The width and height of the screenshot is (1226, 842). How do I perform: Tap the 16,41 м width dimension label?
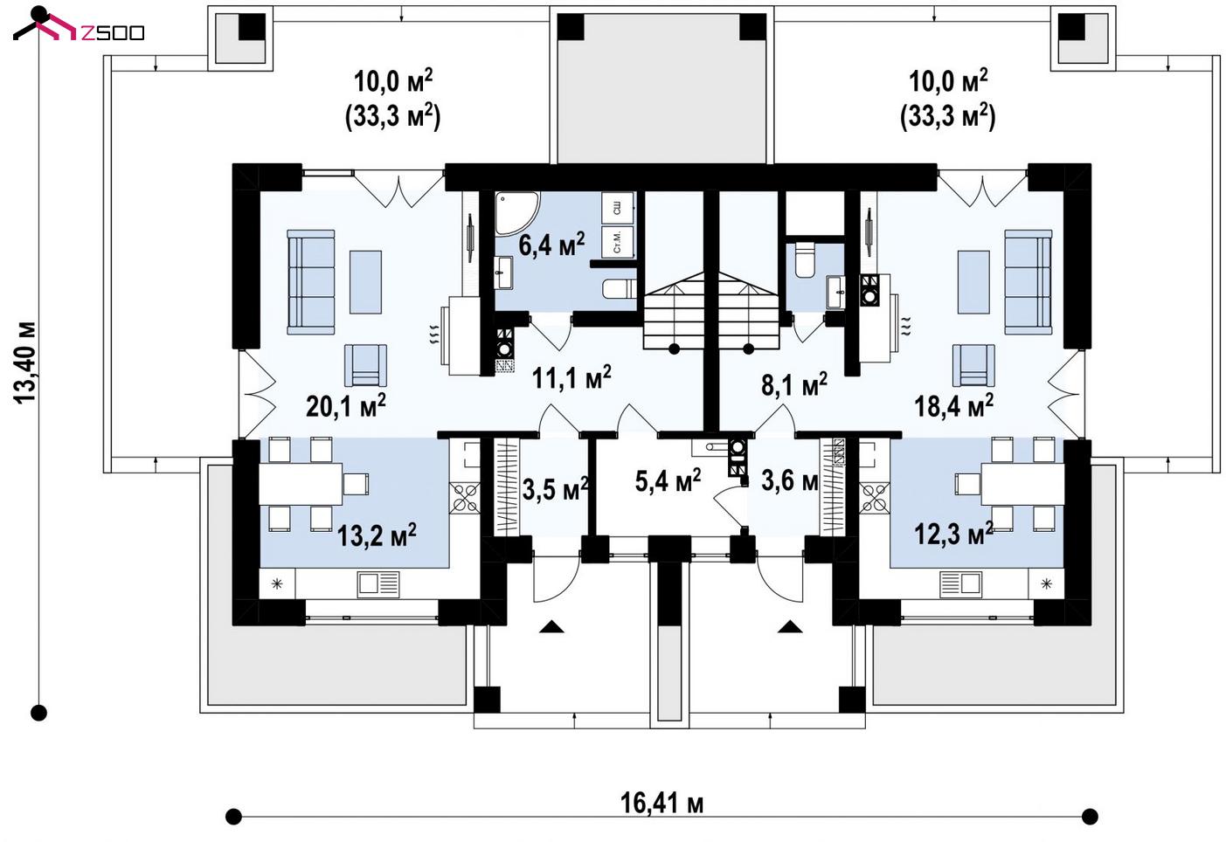pos(661,804)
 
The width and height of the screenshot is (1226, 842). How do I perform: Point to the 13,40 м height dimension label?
pos(24,362)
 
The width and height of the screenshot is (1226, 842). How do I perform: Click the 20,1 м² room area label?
pos(345,405)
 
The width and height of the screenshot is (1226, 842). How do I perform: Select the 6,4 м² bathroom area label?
pos(551,244)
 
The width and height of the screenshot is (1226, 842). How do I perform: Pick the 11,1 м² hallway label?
pos(571,377)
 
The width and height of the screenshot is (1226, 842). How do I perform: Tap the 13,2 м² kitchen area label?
pos(377,535)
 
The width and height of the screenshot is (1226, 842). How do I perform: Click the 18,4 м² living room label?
pos(954,405)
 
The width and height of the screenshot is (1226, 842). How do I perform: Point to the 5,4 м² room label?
pos(668,481)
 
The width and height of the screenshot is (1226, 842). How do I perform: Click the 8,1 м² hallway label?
pos(794,384)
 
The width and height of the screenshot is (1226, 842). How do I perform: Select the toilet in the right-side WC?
pos(805,259)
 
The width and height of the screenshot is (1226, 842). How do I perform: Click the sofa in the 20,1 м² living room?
pos(311,282)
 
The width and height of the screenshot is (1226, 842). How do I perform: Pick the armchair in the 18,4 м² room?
pos(973,365)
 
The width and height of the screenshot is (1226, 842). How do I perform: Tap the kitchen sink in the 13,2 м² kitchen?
pos(378,583)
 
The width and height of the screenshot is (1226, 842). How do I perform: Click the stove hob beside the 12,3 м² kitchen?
pos(874,498)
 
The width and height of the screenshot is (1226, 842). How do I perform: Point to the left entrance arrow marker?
pos(551,626)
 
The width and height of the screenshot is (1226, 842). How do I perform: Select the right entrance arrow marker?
pos(790,626)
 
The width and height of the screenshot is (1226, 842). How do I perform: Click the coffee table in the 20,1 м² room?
pos(365,282)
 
